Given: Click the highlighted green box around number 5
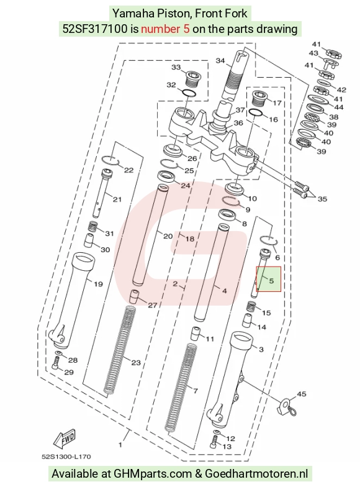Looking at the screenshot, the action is pyautogui.click(x=268, y=279).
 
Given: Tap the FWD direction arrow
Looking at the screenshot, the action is pyautogui.click(x=65, y=439).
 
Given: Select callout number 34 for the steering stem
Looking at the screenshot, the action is pyautogui.click(x=220, y=61).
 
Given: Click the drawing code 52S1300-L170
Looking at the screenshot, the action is pyautogui.click(x=66, y=457).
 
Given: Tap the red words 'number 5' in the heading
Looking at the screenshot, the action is pyautogui.click(x=165, y=29).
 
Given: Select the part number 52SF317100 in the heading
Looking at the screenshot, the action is pyautogui.click(x=95, y=29).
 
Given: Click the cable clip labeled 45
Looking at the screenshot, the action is pyautogui.click(x=286, y=407).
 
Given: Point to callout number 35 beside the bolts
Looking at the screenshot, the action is pyautogui.click(x=322, y=199).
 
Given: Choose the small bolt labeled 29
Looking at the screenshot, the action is pyautogui.click(x=56, y=363).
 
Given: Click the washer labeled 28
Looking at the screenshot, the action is pyautogui.click(x=59, y=353).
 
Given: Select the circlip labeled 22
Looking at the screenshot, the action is pyautogui.click(x=110, y=160).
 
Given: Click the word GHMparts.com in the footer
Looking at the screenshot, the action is pyautogui.click(x=153, y=474).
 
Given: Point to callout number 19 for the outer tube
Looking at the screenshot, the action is pyautogui.click(x=98, y=284).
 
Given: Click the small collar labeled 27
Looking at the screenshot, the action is pyautogui.click(x=134, y=296).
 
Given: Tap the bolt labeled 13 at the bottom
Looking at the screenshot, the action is pyautogui.click(x=214, y=442).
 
